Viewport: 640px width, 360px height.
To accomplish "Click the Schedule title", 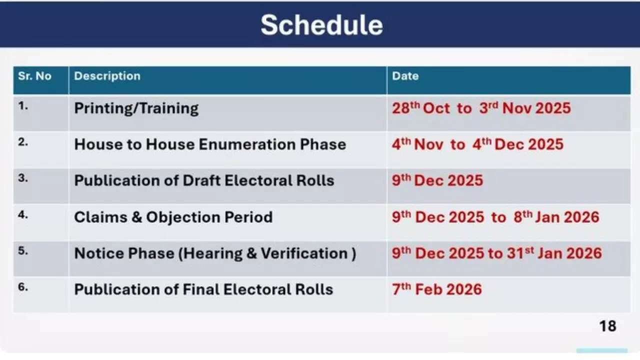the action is click(x=321, y=25).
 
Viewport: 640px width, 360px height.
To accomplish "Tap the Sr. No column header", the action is click(x=34, y=76).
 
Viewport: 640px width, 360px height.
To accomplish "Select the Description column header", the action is click(x=107, y=76).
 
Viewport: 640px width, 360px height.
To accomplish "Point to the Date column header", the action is click(x=405, y=76).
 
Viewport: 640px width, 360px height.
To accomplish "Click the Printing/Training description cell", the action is click(x=136, y=108).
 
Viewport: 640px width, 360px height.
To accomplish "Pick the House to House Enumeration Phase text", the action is click(x=210, y=144).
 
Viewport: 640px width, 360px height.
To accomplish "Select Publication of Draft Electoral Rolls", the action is click(x=204, y=180).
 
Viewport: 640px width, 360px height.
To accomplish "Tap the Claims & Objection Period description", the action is click(x=173, y=217).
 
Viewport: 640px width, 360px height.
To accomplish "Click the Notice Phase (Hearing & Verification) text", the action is click(x=215, y=253).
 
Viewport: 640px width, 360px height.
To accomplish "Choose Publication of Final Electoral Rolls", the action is click(x=203, y=289).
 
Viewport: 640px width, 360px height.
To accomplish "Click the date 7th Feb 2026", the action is click(x=437, y=289).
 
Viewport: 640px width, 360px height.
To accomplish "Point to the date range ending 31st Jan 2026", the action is click(x=497, y=253).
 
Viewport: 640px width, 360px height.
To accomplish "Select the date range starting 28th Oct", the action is click(x=481, y=108).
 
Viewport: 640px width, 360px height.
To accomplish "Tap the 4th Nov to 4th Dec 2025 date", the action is click(x=477, y=144).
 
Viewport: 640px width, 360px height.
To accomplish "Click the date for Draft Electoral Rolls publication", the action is click(x=437, y=180).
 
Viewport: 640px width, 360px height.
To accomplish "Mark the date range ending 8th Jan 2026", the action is click(x=495, y=217).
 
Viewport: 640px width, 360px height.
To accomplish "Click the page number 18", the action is click(x=607, y=326).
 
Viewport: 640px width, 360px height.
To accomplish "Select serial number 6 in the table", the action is click(x=23, y=287).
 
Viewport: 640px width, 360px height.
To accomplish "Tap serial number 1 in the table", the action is click(x=23, y=106).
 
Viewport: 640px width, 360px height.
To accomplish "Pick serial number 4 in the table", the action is click(x=23, y=214).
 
